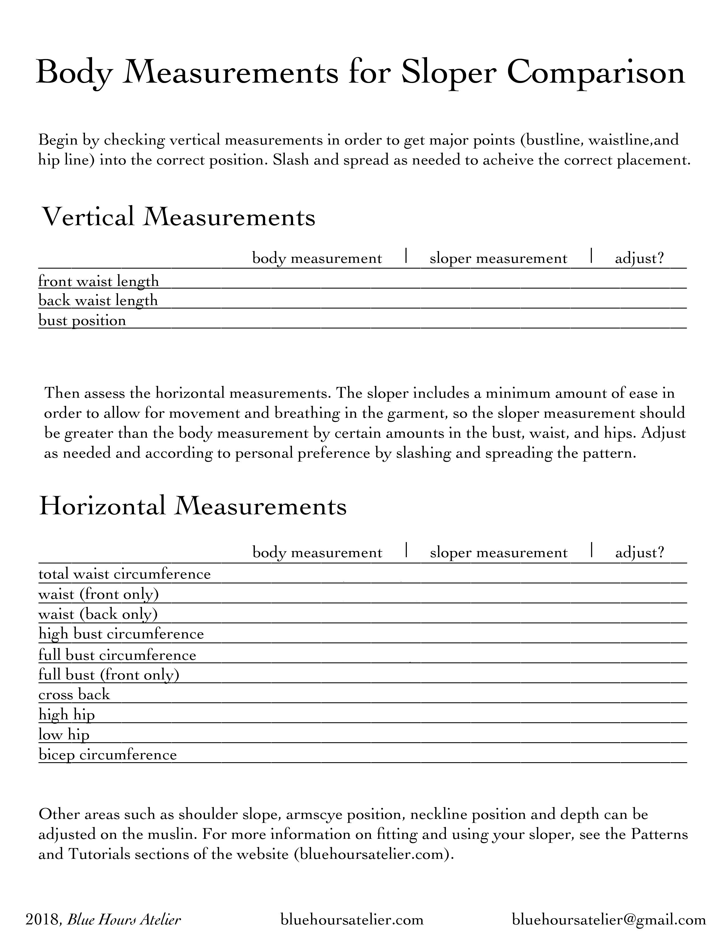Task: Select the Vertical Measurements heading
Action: pos(178,217)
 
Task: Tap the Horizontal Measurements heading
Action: pos(192,506)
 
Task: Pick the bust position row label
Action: pos(82,321)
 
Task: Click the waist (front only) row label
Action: pos(99,595)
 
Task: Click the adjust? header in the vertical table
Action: pos(639,259)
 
